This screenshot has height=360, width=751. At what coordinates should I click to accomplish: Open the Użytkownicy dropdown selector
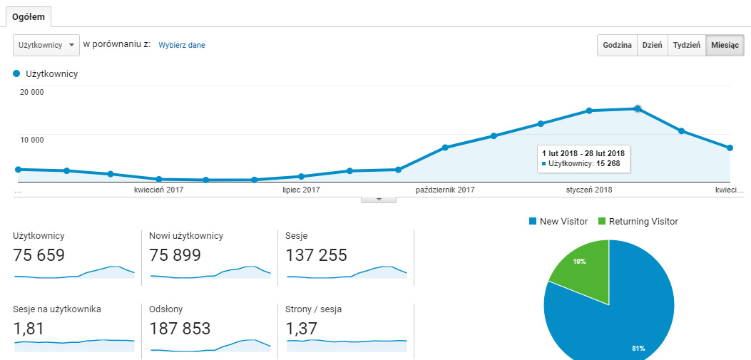coord(46,45)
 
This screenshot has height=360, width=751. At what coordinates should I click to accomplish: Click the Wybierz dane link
coord(182,45)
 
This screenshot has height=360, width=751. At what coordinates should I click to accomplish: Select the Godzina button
coord(617,45)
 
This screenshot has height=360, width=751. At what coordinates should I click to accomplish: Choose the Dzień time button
coord(652,45)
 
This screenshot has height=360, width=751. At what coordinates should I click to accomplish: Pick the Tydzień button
coord(687,45)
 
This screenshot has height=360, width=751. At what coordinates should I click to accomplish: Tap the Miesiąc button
coord(725,45)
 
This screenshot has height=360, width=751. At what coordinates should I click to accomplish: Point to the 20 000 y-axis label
coord(32,92)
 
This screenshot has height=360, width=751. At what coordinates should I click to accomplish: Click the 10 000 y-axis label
coord(32,140)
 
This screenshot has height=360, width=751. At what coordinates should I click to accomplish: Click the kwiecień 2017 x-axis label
coord(159,190)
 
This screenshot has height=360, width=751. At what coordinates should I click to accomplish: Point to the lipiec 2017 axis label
coord(301,190)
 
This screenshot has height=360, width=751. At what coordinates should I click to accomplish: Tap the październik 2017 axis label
coord(445,190)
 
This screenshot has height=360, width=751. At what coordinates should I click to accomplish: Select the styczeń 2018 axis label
coord(589,190)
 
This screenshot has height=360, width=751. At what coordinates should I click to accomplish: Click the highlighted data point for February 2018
coord(638,108)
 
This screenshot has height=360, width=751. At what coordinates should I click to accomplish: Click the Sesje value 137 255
coord(316,255)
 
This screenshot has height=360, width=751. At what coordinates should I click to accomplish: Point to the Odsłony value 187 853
coord(180,329)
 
